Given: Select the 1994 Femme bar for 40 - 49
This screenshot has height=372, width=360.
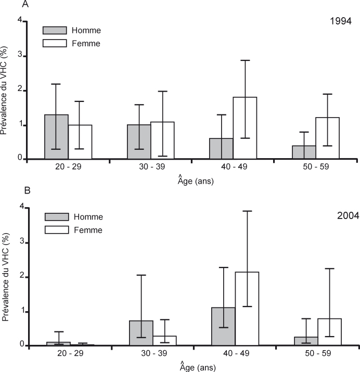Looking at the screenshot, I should pos(245,128).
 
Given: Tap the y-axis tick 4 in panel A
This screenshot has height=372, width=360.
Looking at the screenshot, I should pos(20,21).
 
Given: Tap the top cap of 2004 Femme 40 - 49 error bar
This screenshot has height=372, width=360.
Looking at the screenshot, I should pos(247,211).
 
